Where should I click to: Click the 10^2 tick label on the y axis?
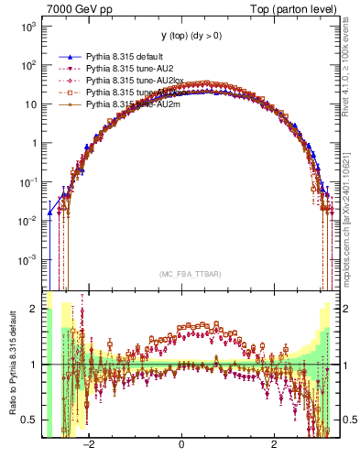point(28,65)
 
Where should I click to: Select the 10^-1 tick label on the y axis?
point(27,182)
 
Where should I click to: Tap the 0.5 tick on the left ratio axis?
point(30,420)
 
